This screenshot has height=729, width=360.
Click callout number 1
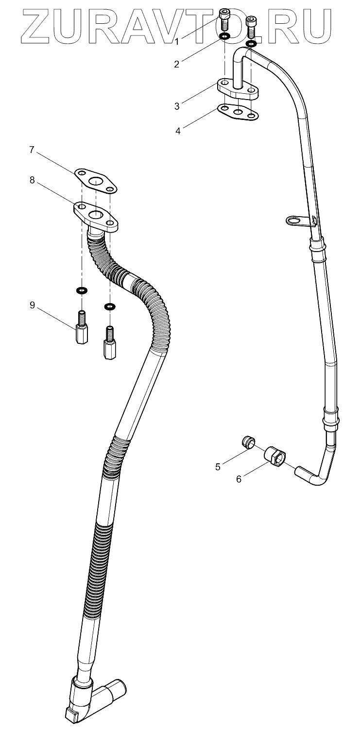(x=177, y=42)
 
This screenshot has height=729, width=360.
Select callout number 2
(x=177, y=64)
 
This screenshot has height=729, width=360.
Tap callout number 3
(x=177, y=105)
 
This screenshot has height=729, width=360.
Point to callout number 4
(x=178, y=131)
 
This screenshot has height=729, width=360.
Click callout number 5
(x=218, y=467)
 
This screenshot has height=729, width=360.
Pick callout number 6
(x=239, y=479)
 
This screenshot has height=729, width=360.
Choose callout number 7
(x=32, y=150)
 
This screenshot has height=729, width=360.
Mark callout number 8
(x=32, y=180)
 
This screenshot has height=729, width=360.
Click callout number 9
(x=32, y=305)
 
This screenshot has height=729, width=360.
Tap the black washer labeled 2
(x=225, y=37)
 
